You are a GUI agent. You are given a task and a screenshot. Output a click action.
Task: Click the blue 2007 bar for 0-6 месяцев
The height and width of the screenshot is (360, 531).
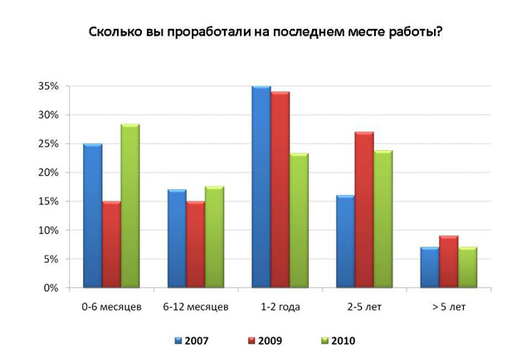click(x=93, y=216)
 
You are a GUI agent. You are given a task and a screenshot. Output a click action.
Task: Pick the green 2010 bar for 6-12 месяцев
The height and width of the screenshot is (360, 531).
click(x=213, y=237)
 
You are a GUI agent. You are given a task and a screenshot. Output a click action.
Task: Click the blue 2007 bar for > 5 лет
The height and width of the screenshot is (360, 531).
click(x=430, y=267)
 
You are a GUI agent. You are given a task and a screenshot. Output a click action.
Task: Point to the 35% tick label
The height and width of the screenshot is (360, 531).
click(x=47, y=86)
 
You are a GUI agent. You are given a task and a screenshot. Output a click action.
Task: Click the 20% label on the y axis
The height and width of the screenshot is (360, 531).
click(x=47, y=173)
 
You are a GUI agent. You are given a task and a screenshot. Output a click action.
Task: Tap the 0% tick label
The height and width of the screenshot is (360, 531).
click(x=50, y=288)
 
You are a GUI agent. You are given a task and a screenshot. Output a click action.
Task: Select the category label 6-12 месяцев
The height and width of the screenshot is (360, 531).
click(x=196, y=308)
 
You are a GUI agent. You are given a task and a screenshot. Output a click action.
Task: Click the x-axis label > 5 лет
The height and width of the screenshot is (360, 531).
click(x=449, y=308)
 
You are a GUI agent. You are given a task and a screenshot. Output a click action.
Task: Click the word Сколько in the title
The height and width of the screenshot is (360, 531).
click(x=114, y=34)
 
